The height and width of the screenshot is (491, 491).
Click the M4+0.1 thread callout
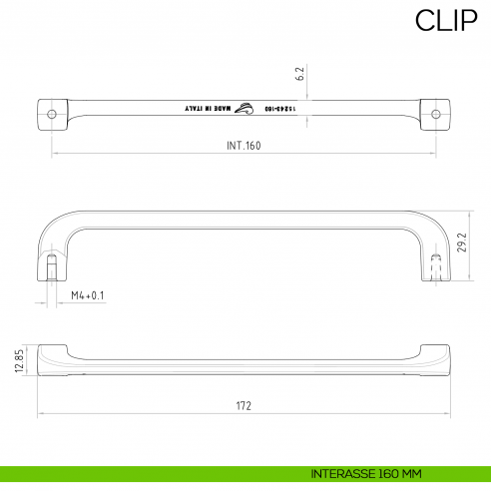coord(88,295)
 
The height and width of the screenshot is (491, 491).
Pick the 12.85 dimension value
coord(19,360)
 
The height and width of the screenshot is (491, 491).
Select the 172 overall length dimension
coord(245,405)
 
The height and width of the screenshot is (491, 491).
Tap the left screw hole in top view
coord(53,115)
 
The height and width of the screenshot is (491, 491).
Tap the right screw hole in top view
coord(434,115)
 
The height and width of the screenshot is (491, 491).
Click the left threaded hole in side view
coord(51,267)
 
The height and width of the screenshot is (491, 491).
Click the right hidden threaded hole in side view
coord(436,266)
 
